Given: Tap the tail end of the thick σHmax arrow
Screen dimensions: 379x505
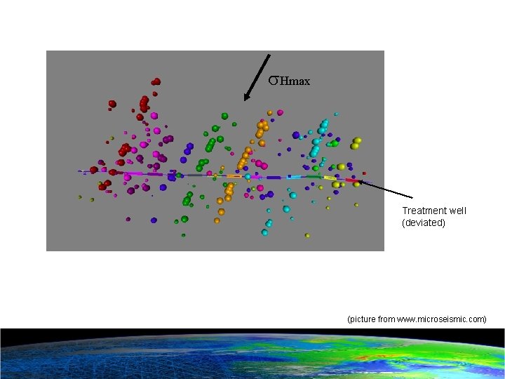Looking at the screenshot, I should pyautogui.click(x=270, y=55).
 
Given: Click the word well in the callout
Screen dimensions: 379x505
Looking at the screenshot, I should pyautogui.click(x=459, y=211).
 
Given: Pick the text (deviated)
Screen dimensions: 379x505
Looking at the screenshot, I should pyautogui.click(x=424, y=223).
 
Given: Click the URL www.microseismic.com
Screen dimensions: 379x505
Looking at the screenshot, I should pyautogui.click(x=441, y=319).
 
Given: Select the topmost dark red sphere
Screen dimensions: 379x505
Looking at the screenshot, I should pyautogui.click(x=156, y=81).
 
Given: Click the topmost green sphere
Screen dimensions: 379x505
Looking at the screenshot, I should pyautogui.click(x=224, y=114).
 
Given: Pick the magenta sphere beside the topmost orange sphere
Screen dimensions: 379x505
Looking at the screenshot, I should pyautogui.click(x=280, y=112).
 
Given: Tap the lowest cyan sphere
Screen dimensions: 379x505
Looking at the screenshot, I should pyautogui.click(x=264, y=232).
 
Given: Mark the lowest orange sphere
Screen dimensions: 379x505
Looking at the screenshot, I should pyautogui.click(x=217, y=220).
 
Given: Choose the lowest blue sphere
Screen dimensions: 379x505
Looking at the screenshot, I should pyautogui.click(x=154, y=220).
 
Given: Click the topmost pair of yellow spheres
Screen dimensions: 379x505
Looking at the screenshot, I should pyautogui.click(x=356, y=142).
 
